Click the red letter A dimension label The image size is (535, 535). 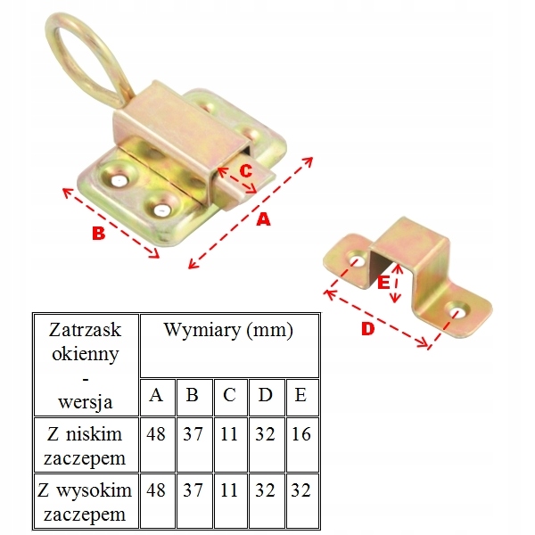point(263,219)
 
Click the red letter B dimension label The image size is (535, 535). point(100,234)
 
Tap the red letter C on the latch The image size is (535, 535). point(245,169)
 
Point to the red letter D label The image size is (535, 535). point(368,330)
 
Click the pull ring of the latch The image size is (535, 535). point(85,53)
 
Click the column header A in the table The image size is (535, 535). point(157,396)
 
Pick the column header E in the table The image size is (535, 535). point(300,396)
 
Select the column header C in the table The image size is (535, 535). point(229,396)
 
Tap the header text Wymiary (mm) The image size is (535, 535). point(228,330)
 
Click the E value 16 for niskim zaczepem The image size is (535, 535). point(300,436)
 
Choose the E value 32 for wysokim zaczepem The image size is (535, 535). point(300,490)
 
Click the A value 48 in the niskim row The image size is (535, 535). point(157,436)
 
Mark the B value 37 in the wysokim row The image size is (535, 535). point(193,490)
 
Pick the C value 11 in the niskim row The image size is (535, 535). point(229,436)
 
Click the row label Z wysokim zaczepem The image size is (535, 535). point(86,502)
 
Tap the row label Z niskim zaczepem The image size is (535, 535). point(86,448)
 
